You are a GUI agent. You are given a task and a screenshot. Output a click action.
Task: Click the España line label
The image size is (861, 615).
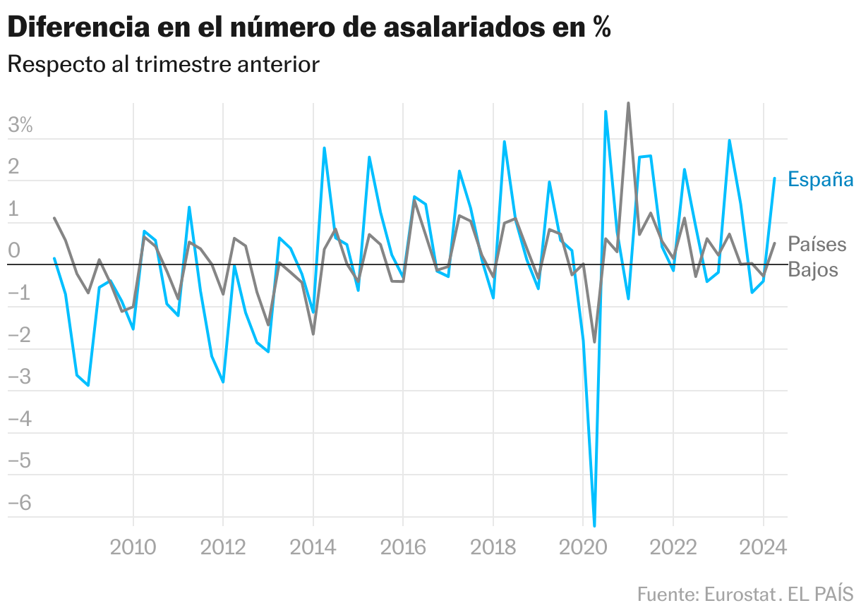pos(820,179)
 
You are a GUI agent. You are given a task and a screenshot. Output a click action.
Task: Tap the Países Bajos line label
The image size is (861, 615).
pos(817,257)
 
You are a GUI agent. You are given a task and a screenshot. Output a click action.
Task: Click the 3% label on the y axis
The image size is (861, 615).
pos(20,126)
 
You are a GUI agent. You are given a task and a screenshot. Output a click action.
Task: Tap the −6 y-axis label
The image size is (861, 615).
pos(20,503)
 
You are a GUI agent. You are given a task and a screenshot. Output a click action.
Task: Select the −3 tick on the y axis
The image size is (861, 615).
pos(20,377)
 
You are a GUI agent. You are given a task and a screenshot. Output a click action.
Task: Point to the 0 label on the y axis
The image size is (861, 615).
pos(14,251)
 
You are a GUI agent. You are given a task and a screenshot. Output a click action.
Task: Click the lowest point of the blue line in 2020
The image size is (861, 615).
pos(594,525)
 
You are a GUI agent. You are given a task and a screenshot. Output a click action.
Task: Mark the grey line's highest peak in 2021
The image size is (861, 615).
pos(628,103)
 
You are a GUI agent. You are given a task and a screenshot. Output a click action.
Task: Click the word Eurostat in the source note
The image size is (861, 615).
pos(739,594)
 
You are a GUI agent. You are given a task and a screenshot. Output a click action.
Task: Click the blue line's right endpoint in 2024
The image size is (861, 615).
pos(775,178)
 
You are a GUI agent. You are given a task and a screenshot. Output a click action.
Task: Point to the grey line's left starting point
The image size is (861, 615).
pos(54,218)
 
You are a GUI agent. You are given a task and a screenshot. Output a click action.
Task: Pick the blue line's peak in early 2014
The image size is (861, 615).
pos(324,148)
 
